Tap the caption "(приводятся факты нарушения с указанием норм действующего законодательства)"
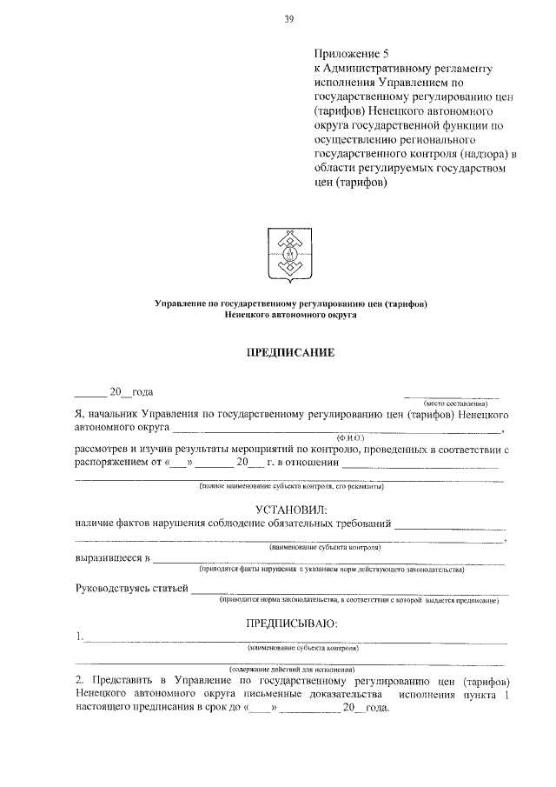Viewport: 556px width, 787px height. tap(331, 570)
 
